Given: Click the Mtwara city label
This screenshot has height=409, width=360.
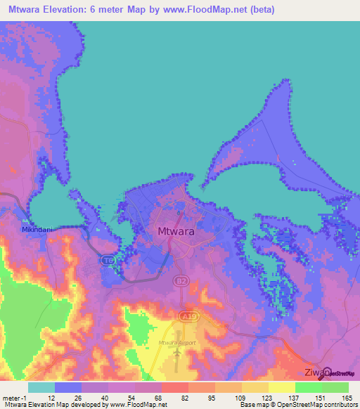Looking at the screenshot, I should pyautogui.click(x=175, y=231).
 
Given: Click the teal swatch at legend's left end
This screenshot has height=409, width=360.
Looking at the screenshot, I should pyautogui.click(x=41, y=387).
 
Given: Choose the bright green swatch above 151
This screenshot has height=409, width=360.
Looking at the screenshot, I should pyautogui.click(x=308, y=387).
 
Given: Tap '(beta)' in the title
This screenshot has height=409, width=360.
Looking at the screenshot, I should pyautogui.click(x=259, y=10).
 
